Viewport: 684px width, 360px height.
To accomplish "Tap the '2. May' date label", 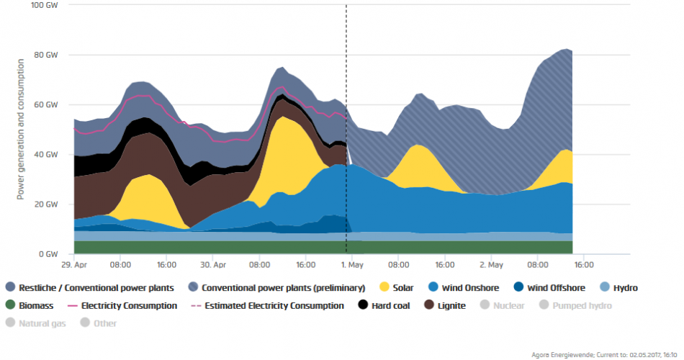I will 493,264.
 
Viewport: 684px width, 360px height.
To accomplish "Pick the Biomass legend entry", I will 30,306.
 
